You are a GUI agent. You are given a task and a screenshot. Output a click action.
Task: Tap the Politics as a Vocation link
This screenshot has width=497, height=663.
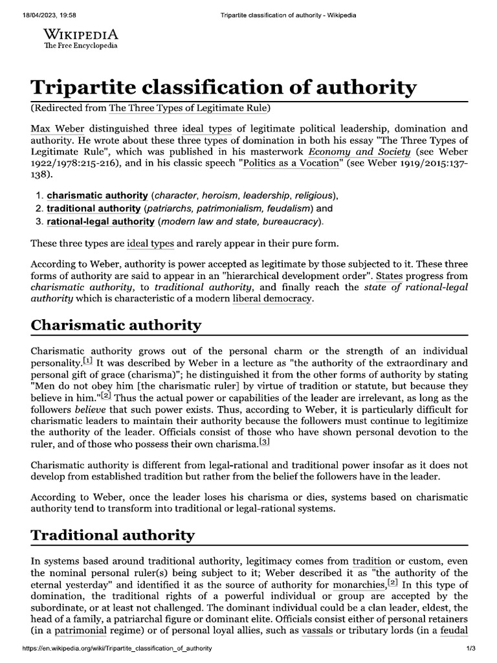click(x=292, y=163)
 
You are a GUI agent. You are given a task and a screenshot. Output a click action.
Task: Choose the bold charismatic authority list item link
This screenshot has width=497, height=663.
click(x=97, y=196)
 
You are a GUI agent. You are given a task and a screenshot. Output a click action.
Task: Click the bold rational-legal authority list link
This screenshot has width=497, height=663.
click(x=100, y=221)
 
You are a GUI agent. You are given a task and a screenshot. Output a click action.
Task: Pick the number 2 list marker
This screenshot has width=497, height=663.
click(x=38, y=208)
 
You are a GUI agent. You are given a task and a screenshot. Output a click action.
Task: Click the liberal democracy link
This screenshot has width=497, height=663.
click(x=272, y=299)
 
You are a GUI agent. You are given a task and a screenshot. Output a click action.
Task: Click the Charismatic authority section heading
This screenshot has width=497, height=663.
click(x=116, y=325)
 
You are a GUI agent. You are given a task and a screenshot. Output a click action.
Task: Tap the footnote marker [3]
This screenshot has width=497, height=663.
click(x=264, y=441)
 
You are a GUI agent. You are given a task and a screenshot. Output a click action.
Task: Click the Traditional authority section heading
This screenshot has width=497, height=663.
click(x=112, y=535)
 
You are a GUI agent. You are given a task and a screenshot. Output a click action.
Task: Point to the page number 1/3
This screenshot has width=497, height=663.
click(x=470, y=649)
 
